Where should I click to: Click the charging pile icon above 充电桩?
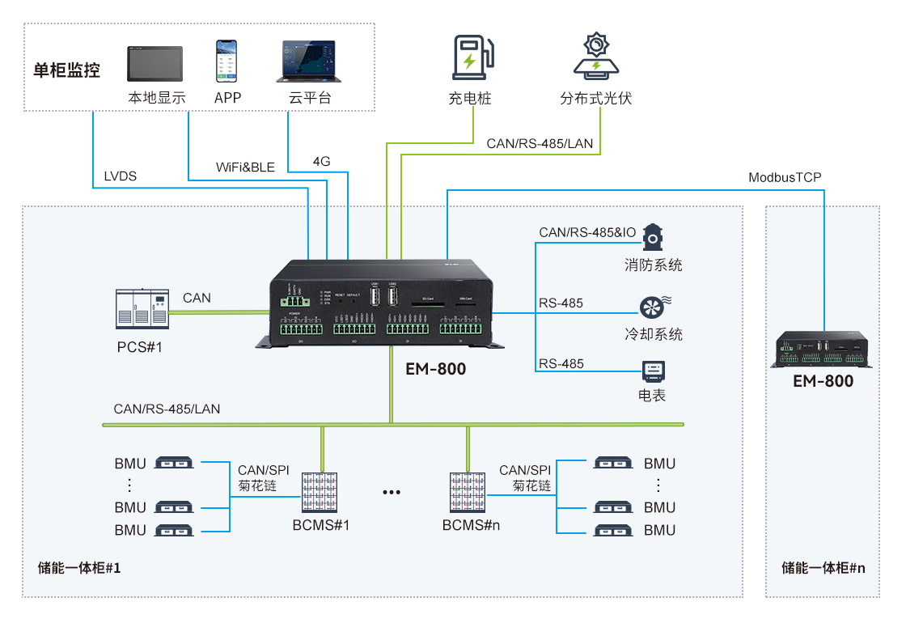(x=469, y=58)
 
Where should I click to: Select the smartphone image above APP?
(x=227, y=61)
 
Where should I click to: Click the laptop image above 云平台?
(x=309, y=61)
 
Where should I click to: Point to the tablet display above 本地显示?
(x=155, y=63)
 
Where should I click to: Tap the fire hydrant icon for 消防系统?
(x=652, y=235)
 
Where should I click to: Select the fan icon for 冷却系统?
(x=652, y=306)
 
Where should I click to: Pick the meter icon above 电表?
(x=652, y=371)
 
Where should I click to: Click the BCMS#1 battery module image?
(x=321, y=491)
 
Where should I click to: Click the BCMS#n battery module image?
(x=468, y=491)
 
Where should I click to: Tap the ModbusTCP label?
(x=785, y=177)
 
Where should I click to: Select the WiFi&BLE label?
(x=245, y=167)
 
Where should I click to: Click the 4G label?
(x=321, y=161)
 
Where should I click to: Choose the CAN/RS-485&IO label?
(x=586, y=233)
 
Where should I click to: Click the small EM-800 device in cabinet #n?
(x=823, y=350)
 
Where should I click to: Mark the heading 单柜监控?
(x=66, y=70)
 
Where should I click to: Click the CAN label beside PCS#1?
(x=197, y=298)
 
